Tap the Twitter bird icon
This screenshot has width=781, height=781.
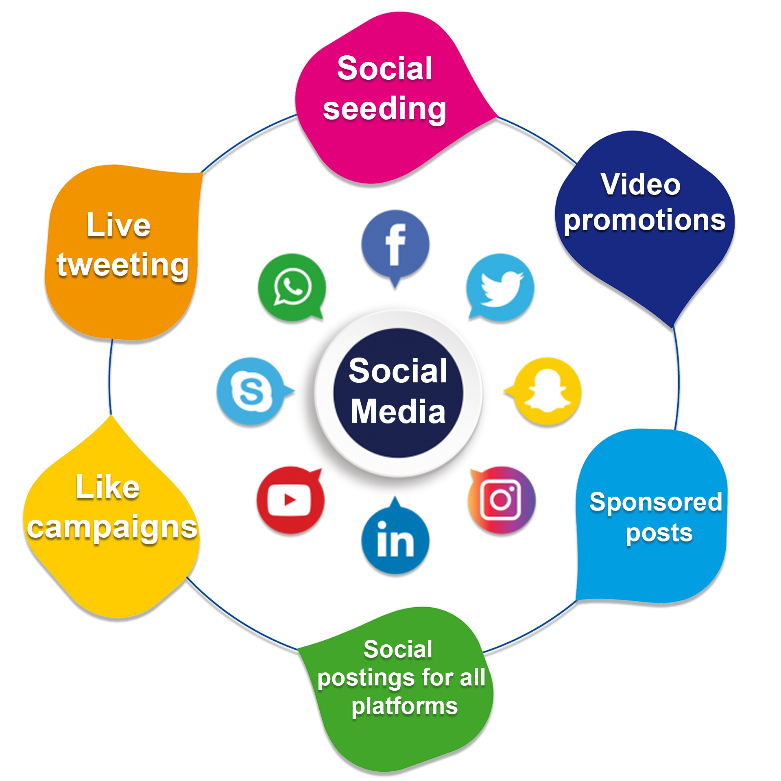click(500, 287)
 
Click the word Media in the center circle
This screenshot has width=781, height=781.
click(398, 411)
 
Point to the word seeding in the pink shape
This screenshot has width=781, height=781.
click(384, 109)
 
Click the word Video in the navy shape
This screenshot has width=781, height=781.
click(641, 184)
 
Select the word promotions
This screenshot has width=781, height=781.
click(645, 220)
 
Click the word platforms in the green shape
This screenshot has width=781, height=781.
click(405, 706)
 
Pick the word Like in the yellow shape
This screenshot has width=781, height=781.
click(108, 487)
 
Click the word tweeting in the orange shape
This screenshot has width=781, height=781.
click(122, 265)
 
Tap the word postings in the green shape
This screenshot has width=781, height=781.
click(368, 678)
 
